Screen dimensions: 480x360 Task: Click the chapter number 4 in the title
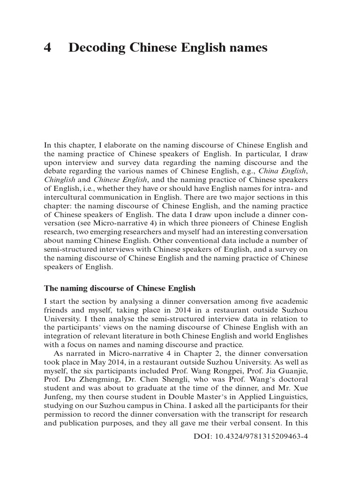(x=47, y=48)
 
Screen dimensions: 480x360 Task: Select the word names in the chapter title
(x=247, y=48)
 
